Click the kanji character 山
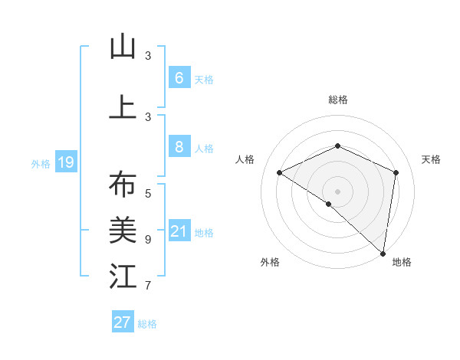point(123,47)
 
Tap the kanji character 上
point(123,107)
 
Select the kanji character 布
point(123,186)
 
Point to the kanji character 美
point(123,229)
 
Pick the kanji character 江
point(123,276)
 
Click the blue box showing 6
point(179,77)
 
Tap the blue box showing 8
point(179,147)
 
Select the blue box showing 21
point(179,231)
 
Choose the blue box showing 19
point(65,162)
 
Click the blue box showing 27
point(123,322)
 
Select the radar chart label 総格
point(337,100)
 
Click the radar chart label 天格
point(431,159)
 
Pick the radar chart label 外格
point(270,262)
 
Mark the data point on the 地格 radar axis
point(383,253)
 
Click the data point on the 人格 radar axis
point(280,172)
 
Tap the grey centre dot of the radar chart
point(337,191)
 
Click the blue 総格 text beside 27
point(147,324)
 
